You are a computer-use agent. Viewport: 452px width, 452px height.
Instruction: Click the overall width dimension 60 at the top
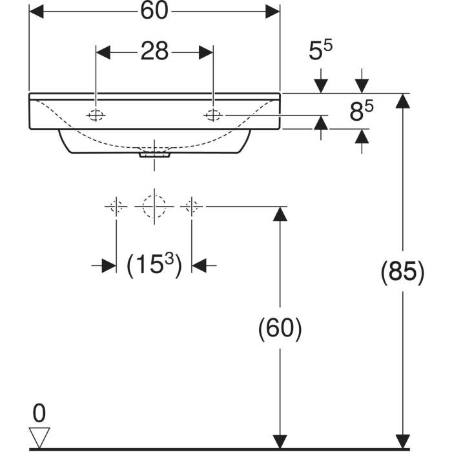click(x=155, y=12)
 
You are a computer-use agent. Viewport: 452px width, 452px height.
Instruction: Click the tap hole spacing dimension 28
click(x=155, y=51)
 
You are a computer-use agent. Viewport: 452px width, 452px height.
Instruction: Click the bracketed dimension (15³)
click(x=154, y=265)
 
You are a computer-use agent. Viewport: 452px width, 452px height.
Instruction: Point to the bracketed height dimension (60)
click(x=280, y=329)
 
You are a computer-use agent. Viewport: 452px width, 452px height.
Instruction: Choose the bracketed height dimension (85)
click(x=402, y=272)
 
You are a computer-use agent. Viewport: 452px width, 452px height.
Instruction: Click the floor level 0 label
click(x=39, y=412)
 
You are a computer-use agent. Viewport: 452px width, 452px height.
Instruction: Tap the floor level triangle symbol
click(x=40, y=437)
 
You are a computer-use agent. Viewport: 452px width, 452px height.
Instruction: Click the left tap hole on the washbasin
click(x=96, y=115)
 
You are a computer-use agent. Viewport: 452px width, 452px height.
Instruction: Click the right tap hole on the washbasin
click(x=213, y=115)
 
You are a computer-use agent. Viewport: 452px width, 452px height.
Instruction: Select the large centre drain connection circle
click(x=154, y=206)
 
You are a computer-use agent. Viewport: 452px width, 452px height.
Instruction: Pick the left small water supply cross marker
click(x=117, y=206)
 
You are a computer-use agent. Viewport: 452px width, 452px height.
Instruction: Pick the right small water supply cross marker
click(x=191, y=206)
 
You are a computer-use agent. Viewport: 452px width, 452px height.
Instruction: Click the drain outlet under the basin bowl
click(x=154, y=154)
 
